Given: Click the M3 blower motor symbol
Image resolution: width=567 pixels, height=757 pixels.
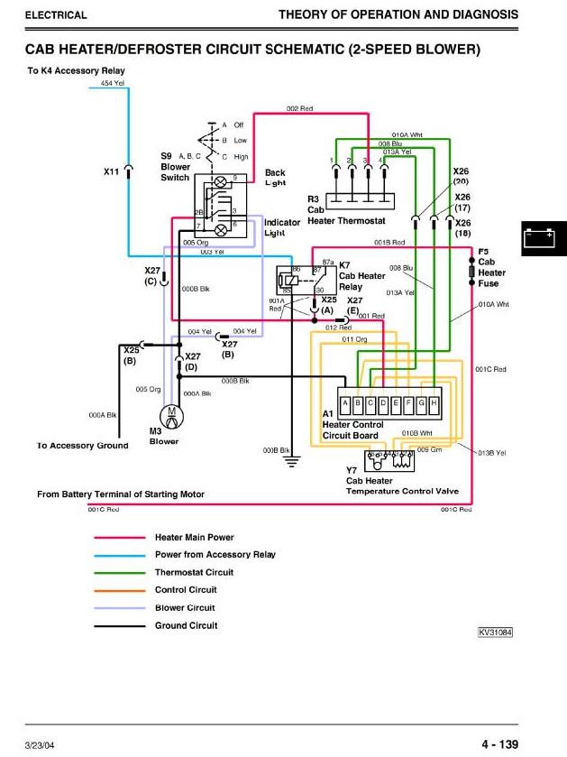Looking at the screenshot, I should [x=169, y=417].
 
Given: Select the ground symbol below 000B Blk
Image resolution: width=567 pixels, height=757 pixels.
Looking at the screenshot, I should [x=292, y=461].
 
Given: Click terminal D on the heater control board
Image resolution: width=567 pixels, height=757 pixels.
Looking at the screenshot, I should [x=383, y=402].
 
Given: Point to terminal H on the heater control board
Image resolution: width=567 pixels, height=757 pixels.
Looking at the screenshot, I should [x=434, y=402].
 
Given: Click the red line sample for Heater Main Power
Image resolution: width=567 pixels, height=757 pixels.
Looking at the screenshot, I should [x=120, y=538].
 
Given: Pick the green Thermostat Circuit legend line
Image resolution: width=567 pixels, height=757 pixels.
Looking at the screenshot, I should [x=120, y=573].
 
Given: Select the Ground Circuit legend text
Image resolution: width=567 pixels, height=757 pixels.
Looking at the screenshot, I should [x=186, y=625].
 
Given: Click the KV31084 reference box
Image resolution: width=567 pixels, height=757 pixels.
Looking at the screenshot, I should [x=495, y=632].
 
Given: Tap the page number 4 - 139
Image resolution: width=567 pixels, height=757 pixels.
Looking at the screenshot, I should [x=499, y=744].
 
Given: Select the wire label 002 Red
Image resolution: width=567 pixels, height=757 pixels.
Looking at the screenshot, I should [x=299, y=108].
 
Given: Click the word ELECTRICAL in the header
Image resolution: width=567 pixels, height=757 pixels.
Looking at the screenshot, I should [x=56, y=15].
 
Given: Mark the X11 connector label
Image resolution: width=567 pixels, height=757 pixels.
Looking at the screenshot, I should [x=111, y=171].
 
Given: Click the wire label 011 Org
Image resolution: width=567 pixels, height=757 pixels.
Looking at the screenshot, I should [x=354, y=339].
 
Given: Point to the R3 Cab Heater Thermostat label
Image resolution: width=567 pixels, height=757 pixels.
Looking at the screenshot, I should [x=345, y=209].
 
